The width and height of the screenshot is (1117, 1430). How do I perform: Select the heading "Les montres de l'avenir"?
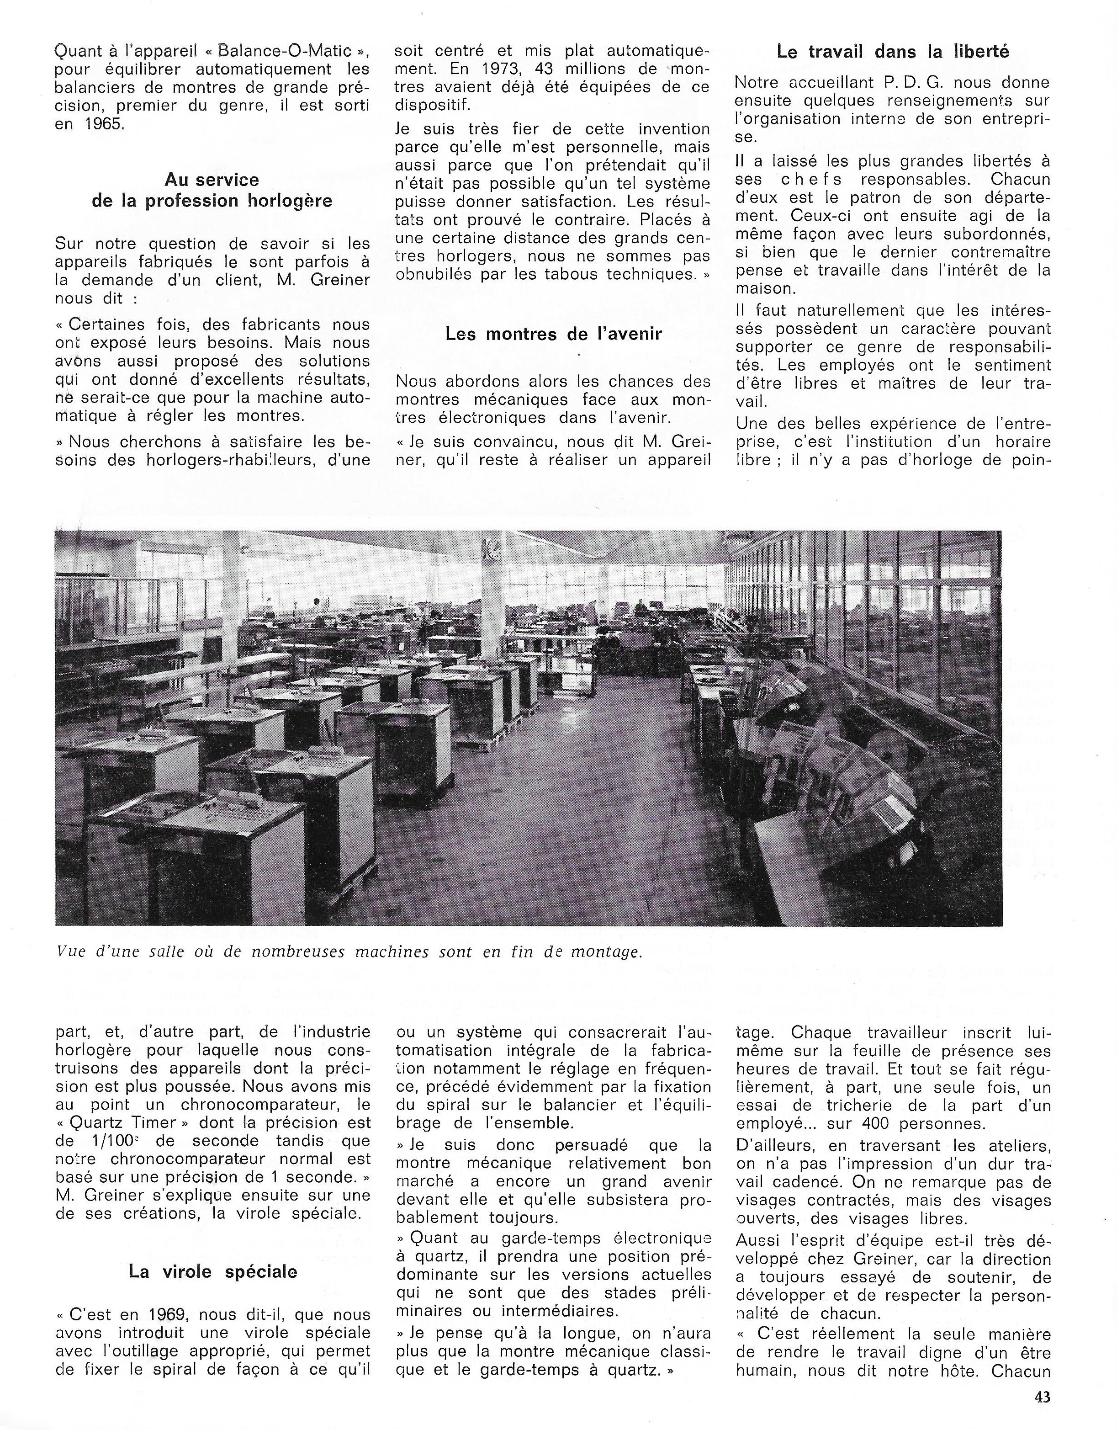tap(554, 334)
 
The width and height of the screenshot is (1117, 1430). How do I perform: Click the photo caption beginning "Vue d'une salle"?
tap(348, 952)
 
